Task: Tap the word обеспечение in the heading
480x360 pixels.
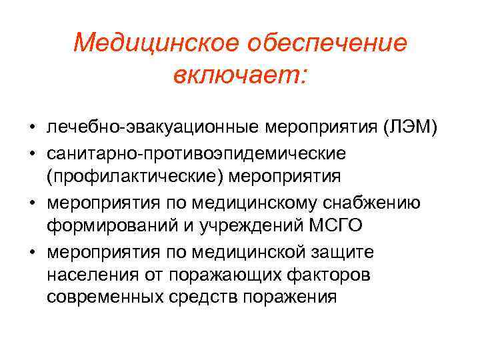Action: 326,43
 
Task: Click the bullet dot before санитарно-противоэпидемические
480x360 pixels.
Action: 31,153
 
